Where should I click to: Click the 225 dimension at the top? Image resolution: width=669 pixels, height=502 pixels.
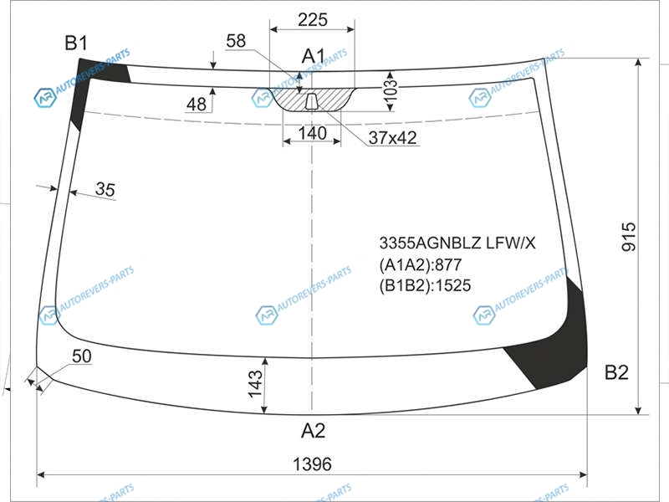pos(312,19)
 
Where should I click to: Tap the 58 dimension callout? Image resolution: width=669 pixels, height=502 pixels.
pos(236,41)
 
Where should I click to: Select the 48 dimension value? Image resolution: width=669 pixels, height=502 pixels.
pos(197,104)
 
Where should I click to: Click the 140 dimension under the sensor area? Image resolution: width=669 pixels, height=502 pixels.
pos(312,133)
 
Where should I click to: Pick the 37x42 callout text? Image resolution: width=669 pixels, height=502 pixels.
pos(392,137)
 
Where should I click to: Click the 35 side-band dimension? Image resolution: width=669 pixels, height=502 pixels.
pos(105,189)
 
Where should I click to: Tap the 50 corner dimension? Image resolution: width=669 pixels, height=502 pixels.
pos(81,356)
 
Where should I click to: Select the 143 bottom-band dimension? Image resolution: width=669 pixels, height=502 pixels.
pos(255,384)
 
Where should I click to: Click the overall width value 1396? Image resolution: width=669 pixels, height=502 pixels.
pos(312,464)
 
